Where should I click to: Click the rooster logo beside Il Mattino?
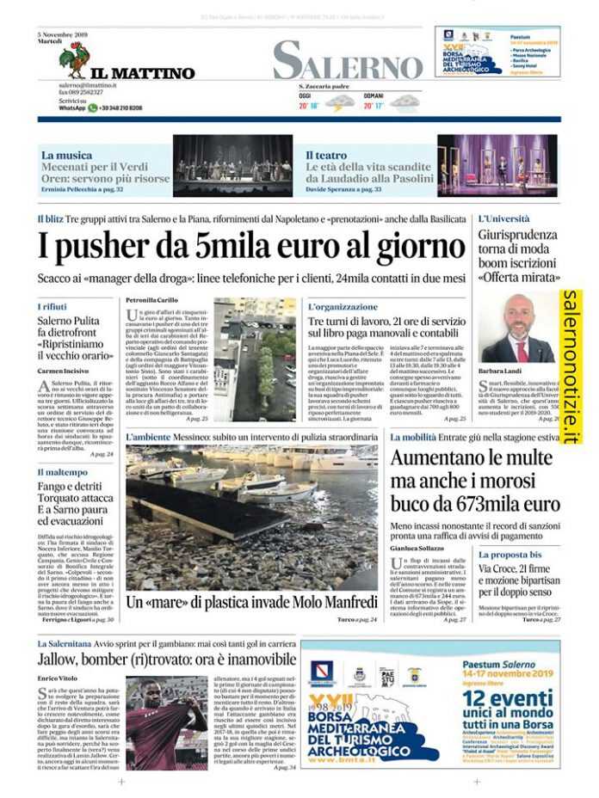(74, 59)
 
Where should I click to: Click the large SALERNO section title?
(348, 62)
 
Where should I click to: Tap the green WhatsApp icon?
(92, 108)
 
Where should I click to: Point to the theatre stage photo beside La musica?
(232, 165)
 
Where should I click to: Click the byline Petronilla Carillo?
(152, 300)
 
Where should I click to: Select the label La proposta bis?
(510, 555)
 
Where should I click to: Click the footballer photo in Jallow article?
(165, 721)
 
